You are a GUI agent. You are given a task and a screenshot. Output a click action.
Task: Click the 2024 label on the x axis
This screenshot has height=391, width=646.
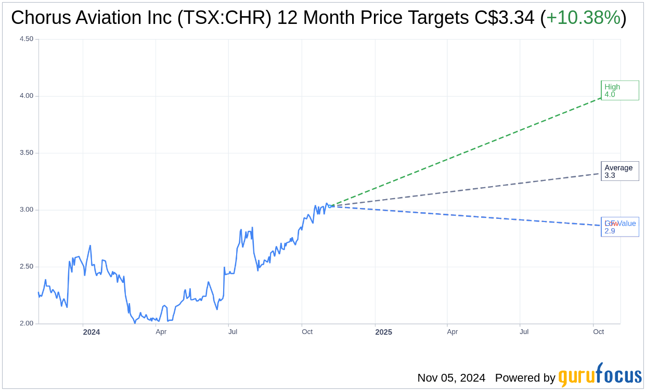pyautogui.click(x=92, y=332)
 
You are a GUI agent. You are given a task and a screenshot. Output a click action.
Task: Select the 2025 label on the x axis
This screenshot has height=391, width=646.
pyautogui.click(x=383, y=332)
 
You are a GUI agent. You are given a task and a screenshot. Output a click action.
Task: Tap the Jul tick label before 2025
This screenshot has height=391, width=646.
pyautogui.click(x=232, y=332)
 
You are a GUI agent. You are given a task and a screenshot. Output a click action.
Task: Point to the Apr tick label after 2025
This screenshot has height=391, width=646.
pyautogui.click(x=453, y=332)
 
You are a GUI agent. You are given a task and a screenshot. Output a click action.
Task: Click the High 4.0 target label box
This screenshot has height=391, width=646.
pyautogui.click(x=619, y=90)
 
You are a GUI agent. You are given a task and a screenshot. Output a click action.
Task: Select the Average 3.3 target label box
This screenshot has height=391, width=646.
pyautogui.click(x=619, y=171)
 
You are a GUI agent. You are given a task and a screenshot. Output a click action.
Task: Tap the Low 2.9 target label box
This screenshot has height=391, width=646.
pyautogui.click(x=619, y=227)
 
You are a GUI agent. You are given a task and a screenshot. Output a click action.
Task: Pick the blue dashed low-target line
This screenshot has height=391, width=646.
pyautogui.click(x=468, y=216)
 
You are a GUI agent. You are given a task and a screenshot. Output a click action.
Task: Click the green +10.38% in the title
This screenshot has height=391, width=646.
pyautogui.click(x=583, y=18)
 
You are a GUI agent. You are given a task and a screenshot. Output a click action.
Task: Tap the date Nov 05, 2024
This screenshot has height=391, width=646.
pyautogui.click(x=451, y=377)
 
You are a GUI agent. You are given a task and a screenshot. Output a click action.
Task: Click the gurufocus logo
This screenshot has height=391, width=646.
pyautogui.click(x=600, y=375)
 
